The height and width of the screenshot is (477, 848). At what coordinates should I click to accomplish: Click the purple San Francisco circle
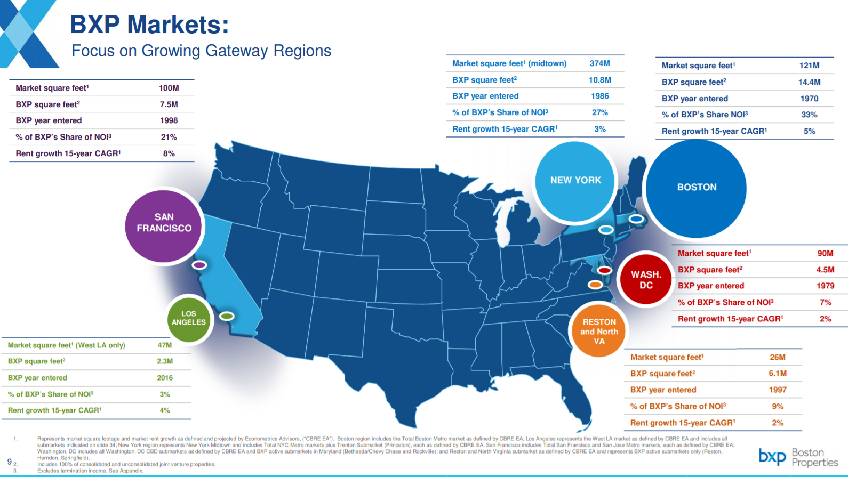point(164,226)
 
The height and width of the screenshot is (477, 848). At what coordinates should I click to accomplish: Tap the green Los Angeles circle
point(189,319)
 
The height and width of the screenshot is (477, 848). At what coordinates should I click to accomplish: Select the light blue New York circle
point(575,181)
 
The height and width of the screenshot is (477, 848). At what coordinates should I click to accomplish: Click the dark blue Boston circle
point(696,188)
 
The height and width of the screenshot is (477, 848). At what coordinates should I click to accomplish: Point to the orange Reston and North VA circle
point(599,331)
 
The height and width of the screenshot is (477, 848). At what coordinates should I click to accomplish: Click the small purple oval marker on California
point(199,265)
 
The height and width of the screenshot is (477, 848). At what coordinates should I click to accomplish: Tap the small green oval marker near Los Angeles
point(227,316)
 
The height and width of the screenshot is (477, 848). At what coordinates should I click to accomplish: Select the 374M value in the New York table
point(599,63)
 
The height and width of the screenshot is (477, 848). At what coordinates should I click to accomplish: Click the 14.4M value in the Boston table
point(809,82)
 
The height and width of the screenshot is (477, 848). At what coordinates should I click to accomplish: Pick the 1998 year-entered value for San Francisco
point(169,120)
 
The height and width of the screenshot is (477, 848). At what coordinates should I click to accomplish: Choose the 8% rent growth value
point(169,153)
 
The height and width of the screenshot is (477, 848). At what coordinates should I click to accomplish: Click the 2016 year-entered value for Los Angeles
point(165,378)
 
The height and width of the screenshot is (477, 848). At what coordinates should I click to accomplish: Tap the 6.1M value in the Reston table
point(778,374)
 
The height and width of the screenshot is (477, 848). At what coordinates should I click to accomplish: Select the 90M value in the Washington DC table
point(825,253)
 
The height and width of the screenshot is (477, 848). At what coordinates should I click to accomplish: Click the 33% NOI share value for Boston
point(809,115)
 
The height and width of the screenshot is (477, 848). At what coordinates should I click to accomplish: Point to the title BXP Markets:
point(150,25)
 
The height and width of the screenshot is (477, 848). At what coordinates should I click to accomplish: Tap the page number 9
point(10,462)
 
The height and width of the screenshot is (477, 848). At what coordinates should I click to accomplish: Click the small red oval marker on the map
point(604,270)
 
